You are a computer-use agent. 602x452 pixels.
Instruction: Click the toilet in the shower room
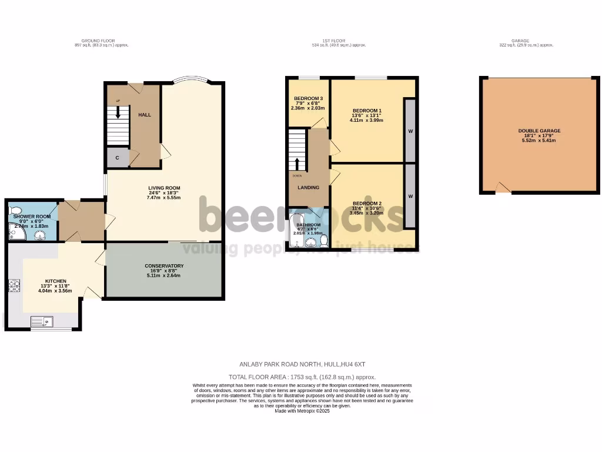[15, 211]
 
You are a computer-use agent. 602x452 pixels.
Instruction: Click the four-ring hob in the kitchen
[14, 286]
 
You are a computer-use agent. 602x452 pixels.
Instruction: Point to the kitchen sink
[41, 322]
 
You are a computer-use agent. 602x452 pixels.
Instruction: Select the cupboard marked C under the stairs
[118, 158]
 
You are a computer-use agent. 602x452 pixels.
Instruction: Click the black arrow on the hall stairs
[118, 112]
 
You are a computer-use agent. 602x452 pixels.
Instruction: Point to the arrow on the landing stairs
[297, 163]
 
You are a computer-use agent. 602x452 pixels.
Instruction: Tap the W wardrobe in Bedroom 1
[410, 131]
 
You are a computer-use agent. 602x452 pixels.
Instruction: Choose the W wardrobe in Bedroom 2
[410, 196]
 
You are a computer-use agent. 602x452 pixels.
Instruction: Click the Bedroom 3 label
[308, 98]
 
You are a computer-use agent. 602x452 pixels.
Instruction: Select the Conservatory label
[164, 266]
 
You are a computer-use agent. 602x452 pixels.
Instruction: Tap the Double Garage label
[539, 131]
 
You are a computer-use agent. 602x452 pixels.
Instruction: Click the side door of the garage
[503, 188]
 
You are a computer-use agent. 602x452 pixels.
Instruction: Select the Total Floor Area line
[302, 377]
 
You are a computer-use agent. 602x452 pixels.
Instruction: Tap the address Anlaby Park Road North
[302, 364]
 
